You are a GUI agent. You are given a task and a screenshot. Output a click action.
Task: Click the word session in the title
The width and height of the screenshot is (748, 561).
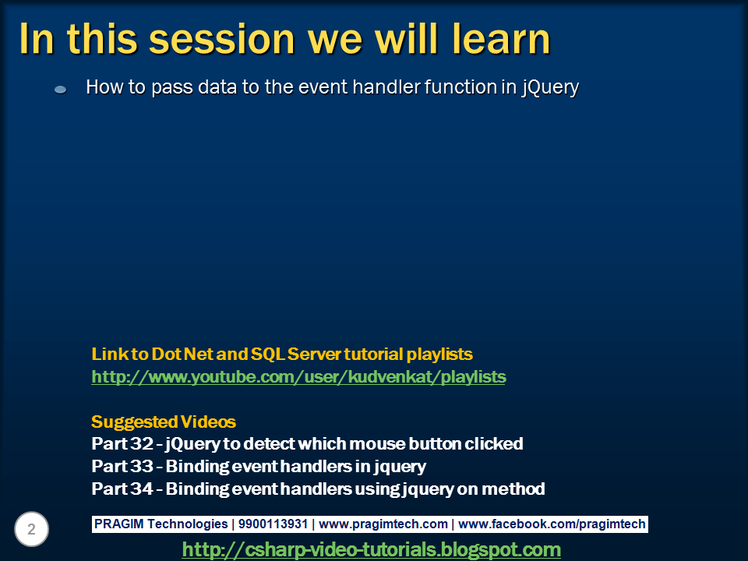[222, 39]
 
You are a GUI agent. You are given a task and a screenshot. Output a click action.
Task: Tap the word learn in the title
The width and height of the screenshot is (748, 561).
[501, 38]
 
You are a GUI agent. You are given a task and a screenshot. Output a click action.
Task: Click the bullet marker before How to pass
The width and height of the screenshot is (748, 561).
[61, 89]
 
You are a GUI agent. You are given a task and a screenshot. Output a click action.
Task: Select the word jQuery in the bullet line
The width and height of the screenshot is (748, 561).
[550, 88]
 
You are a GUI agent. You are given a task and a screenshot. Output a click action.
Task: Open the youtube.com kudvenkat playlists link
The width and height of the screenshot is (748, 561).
[298, 377]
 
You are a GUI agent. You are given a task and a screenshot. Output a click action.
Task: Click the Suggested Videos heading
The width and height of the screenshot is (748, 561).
[164, 422]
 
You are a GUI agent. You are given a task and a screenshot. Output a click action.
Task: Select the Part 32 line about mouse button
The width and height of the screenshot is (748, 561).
[307, 444]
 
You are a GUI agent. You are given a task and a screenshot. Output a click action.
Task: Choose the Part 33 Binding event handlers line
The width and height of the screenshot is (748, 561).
[259, 467]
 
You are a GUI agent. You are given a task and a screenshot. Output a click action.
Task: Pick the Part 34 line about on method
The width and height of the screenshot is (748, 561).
[318, 489]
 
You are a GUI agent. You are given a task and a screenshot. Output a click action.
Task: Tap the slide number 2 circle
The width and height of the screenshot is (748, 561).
[31, 529]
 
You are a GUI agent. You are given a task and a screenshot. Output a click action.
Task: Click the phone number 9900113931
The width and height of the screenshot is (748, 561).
[273, 524]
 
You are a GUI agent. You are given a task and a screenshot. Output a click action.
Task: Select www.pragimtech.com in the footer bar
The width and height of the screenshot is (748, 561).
[383, 524]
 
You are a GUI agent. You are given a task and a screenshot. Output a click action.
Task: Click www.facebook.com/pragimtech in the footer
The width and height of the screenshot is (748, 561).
[552, 524]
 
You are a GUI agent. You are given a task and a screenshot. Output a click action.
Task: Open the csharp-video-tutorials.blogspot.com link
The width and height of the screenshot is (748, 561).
[371, 549]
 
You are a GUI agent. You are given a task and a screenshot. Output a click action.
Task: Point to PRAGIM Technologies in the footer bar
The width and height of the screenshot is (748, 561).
[161, 524]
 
